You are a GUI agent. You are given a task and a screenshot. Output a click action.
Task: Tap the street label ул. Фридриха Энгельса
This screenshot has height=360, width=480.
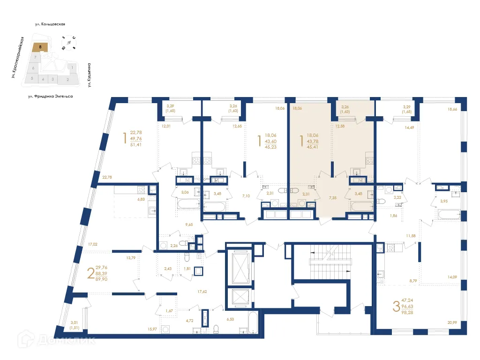[50, 96]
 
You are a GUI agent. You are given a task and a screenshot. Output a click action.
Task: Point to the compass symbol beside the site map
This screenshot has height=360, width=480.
[69, 43]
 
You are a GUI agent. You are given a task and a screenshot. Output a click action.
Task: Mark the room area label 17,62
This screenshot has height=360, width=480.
[202, 291]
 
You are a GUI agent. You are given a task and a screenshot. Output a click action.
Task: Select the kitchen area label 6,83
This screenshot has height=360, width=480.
[141, 199]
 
